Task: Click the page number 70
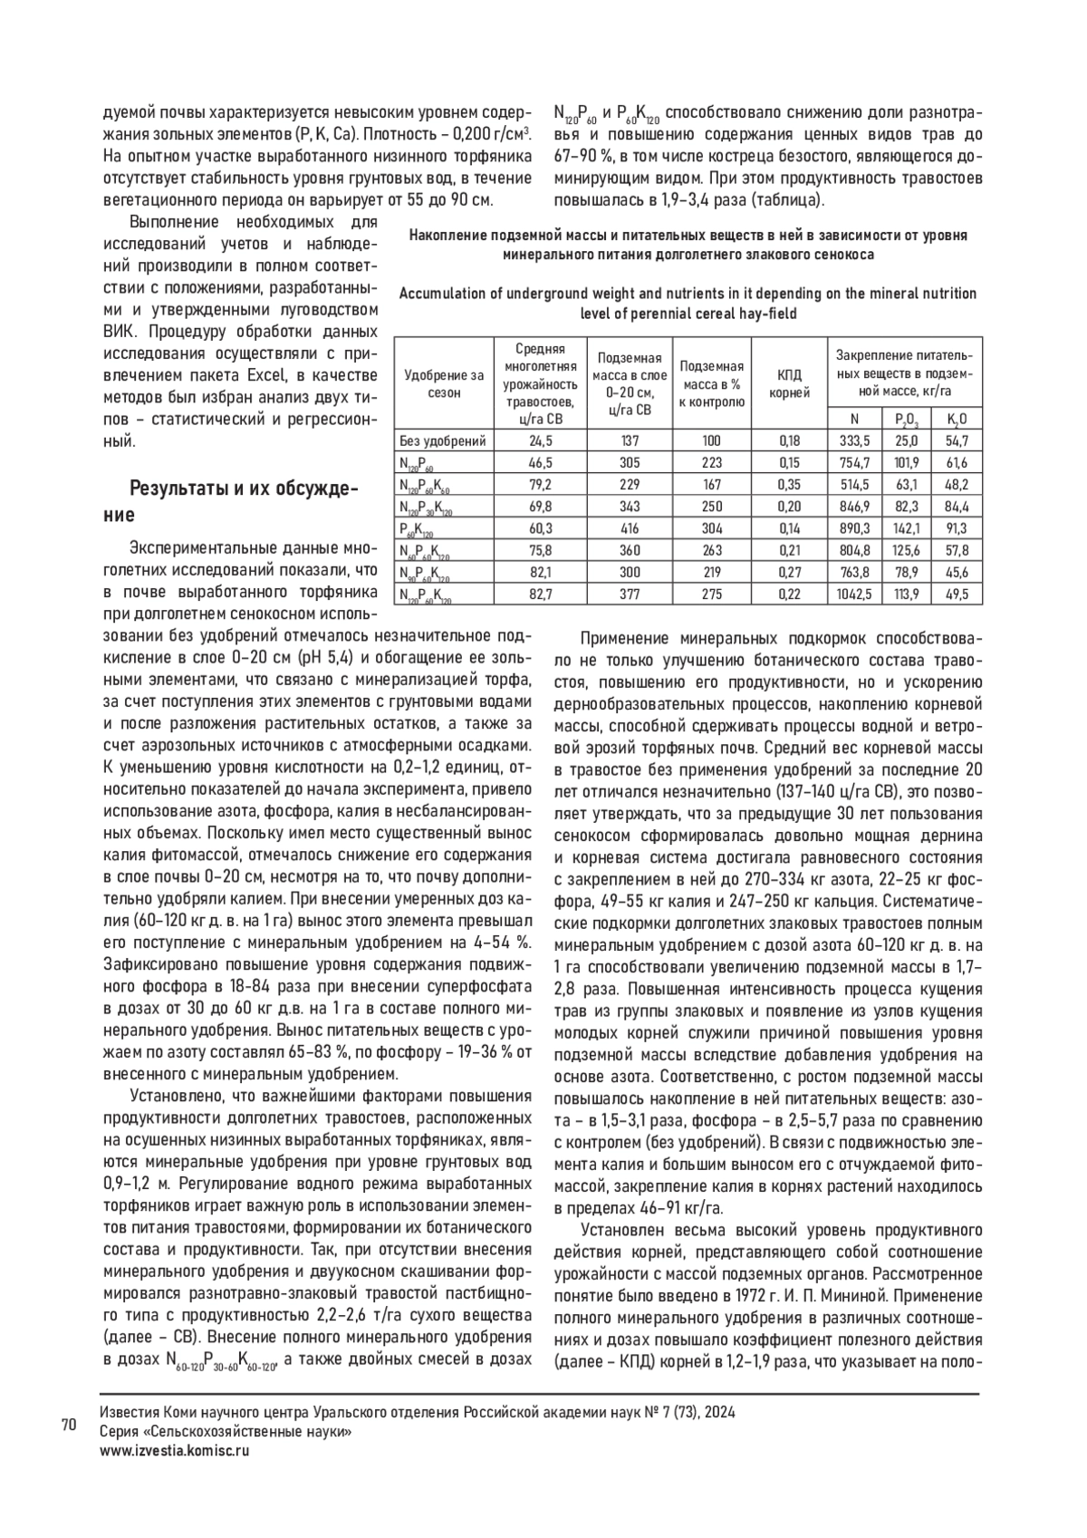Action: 68,1426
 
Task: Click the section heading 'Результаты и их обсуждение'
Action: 245,502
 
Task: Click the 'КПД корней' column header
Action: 790,383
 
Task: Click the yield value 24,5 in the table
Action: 541,440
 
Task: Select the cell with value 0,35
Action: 790,484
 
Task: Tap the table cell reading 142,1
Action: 907,528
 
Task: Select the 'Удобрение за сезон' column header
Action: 443,383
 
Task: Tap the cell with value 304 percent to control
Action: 712,528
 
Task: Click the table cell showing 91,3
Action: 957,528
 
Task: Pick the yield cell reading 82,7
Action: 541,594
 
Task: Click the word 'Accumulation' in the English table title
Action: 441,294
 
